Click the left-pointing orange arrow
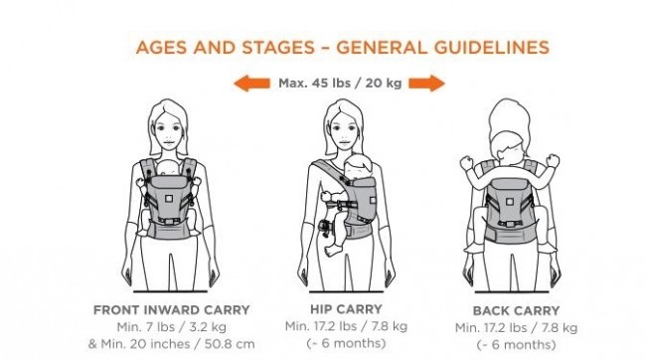pyautogui.click(x=251, y=84)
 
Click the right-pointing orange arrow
pyautogui.click(x=426, y=84)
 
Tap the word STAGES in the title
pyautogui.click(x=277, y=48)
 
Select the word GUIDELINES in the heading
pyautogui.click(x=492, y=48)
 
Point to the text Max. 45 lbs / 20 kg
pyautogui.click(x=340, y=84)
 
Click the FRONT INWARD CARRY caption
pyautogui.click(x=171, y=310)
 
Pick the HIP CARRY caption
pyautogui.click(x=346, y=309)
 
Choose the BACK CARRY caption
pyautogui.click(x=516, y=311)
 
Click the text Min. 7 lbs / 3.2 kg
pyautogui.click(x=171, y=327)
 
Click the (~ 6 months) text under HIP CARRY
pyautogui.click(x=346, y=343)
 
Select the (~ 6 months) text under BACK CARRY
pyautogui.click(x=516, y=345)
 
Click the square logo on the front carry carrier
pyautogui.click(x=169, y=199)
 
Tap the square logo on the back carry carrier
pyautogui.click(x=510, y=202)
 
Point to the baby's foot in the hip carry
pyautogui.click(x=333, y=249)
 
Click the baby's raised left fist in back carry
pyautogui.click(x=467, y=163)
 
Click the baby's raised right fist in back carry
pyautogui.click(x=553, y=161)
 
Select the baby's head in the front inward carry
pyautogui.click(x=169, y=168)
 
